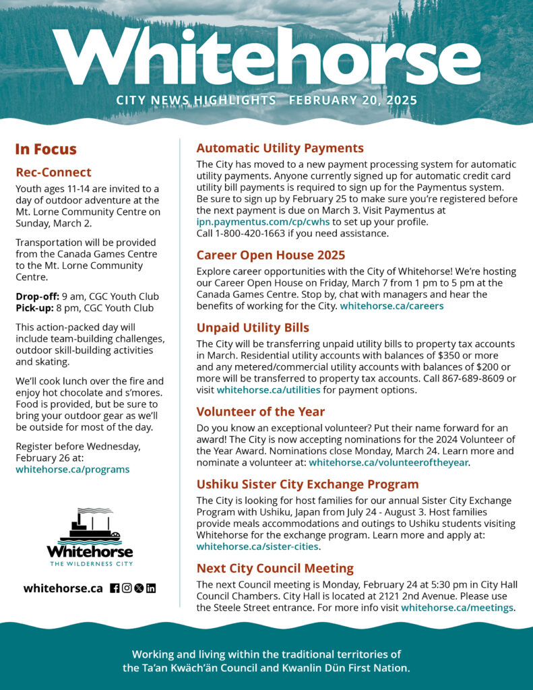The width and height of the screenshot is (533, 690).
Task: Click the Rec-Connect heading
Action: [53, 172]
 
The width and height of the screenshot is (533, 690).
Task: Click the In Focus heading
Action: [46, 150]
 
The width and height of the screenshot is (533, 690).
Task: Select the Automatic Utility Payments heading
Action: [280, 148]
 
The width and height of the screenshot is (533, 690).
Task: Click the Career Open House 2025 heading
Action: [270, 255]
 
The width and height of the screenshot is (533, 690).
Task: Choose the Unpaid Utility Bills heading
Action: [253, 327]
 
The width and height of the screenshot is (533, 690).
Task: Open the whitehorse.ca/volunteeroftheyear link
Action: [388, 462]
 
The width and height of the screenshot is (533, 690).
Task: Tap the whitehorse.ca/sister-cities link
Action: [257, 546]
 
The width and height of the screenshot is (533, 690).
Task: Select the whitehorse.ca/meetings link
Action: [457, 608]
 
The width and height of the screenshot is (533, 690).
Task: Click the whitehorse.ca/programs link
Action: [73, 469]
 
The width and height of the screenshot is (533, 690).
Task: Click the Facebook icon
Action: [115, 588]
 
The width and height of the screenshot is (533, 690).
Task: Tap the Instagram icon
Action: [127, 588]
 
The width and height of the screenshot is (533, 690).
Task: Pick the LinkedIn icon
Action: [151, 588]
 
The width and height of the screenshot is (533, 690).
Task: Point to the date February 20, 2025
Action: [353, 100]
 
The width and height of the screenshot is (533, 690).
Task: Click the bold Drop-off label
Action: [36, 296]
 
